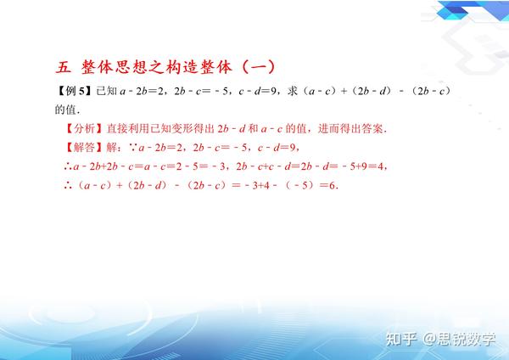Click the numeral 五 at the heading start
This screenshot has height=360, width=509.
[63, 67]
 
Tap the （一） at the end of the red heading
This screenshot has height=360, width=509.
[259, 67]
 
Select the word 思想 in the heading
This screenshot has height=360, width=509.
[131, 67]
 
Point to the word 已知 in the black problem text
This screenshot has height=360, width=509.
[107, 91]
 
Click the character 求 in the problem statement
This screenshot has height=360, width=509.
[292, 91]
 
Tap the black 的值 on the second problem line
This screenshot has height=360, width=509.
[65, 110]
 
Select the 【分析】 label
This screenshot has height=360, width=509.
[84, 129]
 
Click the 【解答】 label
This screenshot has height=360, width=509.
[84, 148]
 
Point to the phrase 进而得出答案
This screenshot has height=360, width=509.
[350, 129]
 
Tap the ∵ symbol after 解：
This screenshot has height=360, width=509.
[133, 148]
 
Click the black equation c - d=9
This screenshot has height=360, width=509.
[257, 92]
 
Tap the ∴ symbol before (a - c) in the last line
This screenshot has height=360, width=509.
[68, 186]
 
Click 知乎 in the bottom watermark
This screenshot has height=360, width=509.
[401, 339]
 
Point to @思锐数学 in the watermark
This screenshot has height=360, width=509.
[459, 339]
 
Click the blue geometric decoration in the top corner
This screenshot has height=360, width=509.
[473, 10]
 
